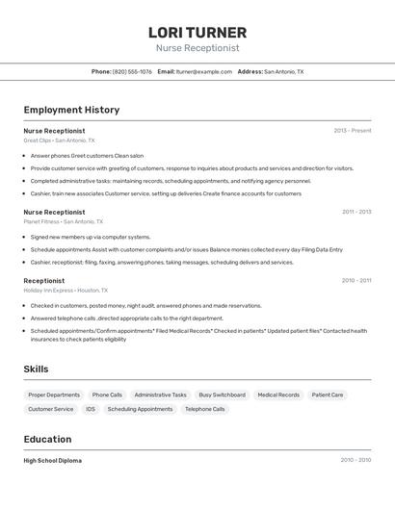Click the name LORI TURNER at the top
(x=197, y=32)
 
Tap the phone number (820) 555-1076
(x=132, y=71)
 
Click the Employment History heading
(x=71, y=110)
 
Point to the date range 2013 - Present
(x=352, y=130)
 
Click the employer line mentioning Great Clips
(x=59, y=140)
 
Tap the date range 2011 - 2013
(x=355, y=212)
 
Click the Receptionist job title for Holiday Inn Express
(x=44, y=281)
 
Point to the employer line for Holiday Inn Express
(x=66, y=291)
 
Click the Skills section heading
(x=37, y=369)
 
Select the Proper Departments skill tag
(x=54, y=395)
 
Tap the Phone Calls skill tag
(x=107, y=395)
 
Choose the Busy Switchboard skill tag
(x=222, y=395)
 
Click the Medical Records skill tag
(x=278, y=395)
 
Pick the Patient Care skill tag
(x=328, y=395)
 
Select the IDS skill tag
(x=91, y=409)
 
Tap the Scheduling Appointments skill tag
(x=140, y=409)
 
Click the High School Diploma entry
(x=53, y=460)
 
